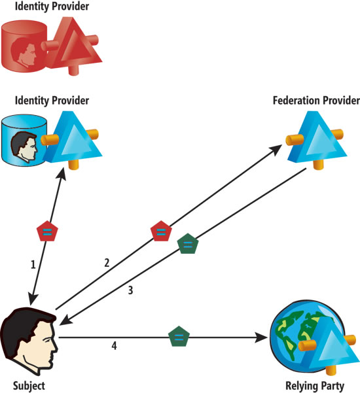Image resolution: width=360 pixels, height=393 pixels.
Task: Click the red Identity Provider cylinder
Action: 24,46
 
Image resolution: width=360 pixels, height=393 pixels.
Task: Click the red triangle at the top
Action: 75,44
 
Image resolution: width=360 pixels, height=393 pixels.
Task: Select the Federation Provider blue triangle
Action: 317,139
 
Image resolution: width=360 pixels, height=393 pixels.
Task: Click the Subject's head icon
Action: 29,341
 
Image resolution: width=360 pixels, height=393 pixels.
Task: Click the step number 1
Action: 33,265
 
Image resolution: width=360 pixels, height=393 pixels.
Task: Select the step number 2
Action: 107,263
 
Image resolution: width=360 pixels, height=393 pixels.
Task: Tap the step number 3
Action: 130,290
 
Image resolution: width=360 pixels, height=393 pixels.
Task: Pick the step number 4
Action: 114,346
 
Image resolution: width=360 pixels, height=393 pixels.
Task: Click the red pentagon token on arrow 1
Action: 47,231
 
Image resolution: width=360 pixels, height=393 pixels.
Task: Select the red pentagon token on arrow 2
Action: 161,231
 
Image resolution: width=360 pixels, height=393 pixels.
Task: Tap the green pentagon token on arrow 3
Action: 188,243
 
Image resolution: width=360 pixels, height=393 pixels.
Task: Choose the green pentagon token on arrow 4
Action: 179,336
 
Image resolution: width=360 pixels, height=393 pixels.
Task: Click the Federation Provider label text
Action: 316,101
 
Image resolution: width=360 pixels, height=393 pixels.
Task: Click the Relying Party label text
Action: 315,386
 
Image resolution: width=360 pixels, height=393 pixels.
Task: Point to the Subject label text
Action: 29,386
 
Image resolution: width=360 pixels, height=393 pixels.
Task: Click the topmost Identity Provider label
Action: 52,7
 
